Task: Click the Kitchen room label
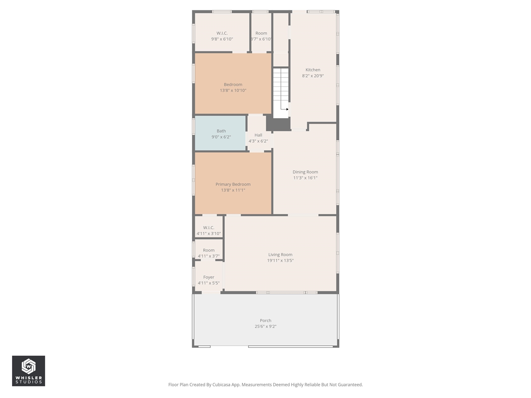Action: click(313, 70)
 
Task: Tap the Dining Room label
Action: click(305, 172)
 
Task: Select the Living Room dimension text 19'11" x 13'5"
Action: click(280, 261)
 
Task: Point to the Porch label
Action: click(265, 320)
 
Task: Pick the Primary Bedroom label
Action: click(233, 184)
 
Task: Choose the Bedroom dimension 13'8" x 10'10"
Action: click(233, 90)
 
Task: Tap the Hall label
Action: click(258, 135)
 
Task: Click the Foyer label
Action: click(209, 277)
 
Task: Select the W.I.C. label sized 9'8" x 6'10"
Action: click(222, 33)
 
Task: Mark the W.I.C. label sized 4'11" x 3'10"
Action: click(209, 228)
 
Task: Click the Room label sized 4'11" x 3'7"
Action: click(209, 250)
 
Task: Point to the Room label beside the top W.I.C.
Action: click(261, 33)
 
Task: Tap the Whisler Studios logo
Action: click(29, 371)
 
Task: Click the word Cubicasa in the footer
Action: click(222, 385)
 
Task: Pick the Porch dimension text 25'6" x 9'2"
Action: click(265, 327)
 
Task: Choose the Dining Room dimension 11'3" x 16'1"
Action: click(305, 178)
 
